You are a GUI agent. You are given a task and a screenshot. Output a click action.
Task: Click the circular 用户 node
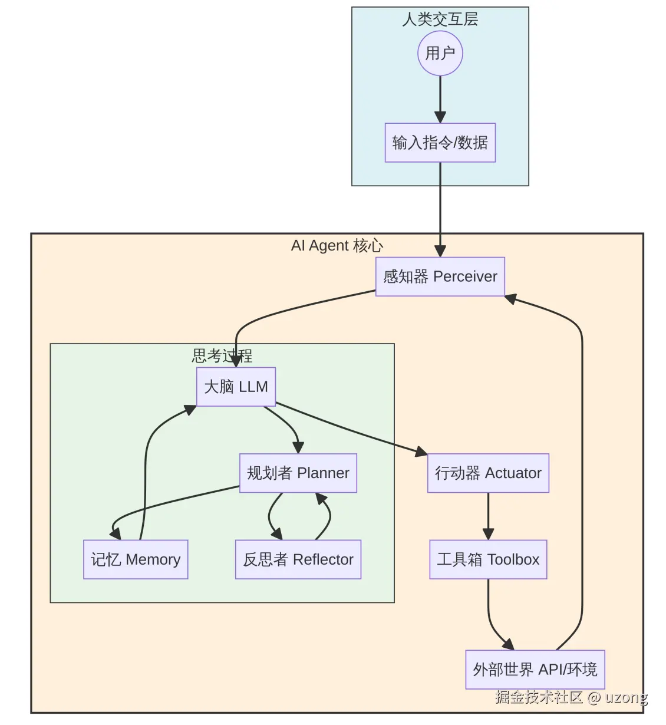440,54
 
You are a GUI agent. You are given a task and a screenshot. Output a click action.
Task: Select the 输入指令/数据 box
440,143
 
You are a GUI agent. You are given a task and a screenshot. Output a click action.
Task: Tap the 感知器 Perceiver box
440,276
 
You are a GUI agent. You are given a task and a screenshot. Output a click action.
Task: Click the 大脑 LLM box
236,387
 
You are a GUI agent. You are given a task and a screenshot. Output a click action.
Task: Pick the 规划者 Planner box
298,473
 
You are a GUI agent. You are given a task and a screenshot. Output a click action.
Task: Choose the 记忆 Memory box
136,559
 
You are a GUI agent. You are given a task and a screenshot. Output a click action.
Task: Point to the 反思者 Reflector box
298,559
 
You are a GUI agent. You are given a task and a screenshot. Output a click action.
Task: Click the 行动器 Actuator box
488,473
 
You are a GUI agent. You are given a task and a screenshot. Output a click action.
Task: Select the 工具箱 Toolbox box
488,559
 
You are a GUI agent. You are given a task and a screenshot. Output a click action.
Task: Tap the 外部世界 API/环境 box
535,670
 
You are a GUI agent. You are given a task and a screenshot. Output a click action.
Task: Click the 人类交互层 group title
440,19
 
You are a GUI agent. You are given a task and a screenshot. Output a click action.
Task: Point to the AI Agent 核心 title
337,246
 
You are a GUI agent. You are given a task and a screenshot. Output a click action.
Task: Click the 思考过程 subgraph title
222,355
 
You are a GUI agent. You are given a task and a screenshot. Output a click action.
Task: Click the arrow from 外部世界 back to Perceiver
582,472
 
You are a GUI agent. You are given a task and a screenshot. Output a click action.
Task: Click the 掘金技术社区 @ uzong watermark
571,698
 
